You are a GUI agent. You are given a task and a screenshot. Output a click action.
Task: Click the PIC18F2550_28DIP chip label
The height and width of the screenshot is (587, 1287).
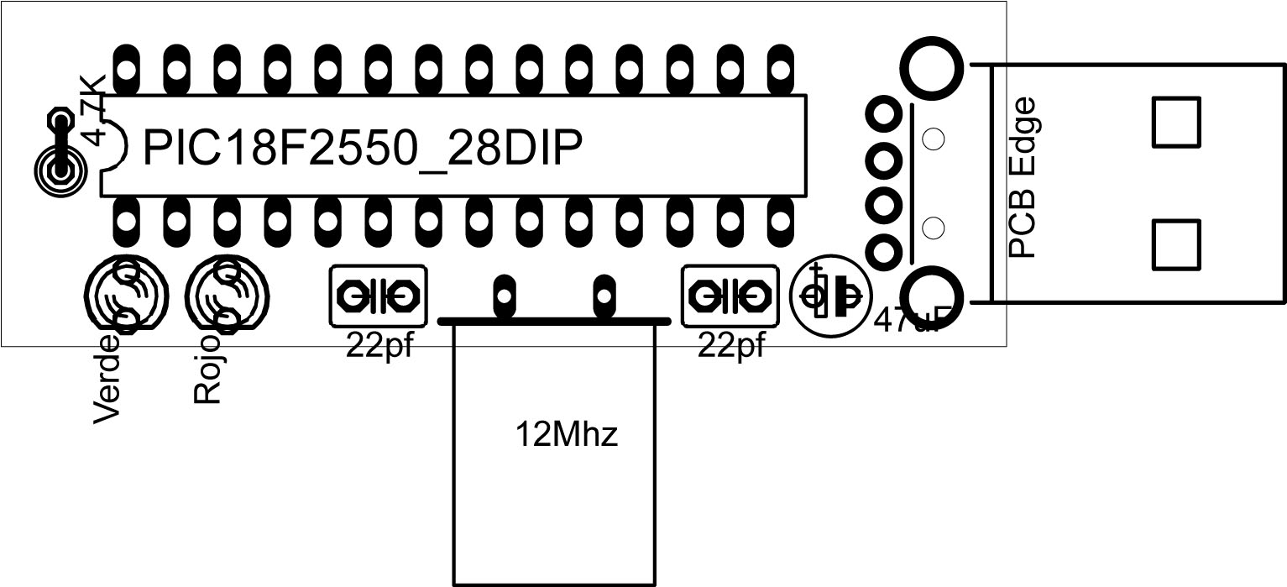coord(363,149)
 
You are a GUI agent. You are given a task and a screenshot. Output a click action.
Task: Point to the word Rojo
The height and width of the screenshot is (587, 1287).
coord(207,369)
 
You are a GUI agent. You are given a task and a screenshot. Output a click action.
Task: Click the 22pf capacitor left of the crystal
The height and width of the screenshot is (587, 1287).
coord(378,296)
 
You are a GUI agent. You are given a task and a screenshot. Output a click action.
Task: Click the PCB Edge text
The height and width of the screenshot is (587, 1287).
coord(1024,178)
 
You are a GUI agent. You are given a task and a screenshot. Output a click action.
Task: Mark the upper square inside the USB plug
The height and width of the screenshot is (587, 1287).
coord(1176,121)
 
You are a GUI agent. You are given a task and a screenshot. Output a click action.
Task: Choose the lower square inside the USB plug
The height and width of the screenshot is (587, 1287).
coord(1176,244)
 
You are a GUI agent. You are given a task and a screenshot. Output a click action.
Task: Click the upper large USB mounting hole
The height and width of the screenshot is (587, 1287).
coord(930,64)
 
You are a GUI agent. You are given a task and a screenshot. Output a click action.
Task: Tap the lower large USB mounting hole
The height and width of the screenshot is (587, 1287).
coord(930,299)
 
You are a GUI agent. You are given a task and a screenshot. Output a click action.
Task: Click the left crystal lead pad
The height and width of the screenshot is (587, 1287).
coord(504,295)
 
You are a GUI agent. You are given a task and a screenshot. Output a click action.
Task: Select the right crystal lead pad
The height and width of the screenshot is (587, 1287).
coord(603,295)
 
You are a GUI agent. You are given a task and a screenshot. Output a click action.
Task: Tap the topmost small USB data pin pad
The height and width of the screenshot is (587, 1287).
coord(883,113)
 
